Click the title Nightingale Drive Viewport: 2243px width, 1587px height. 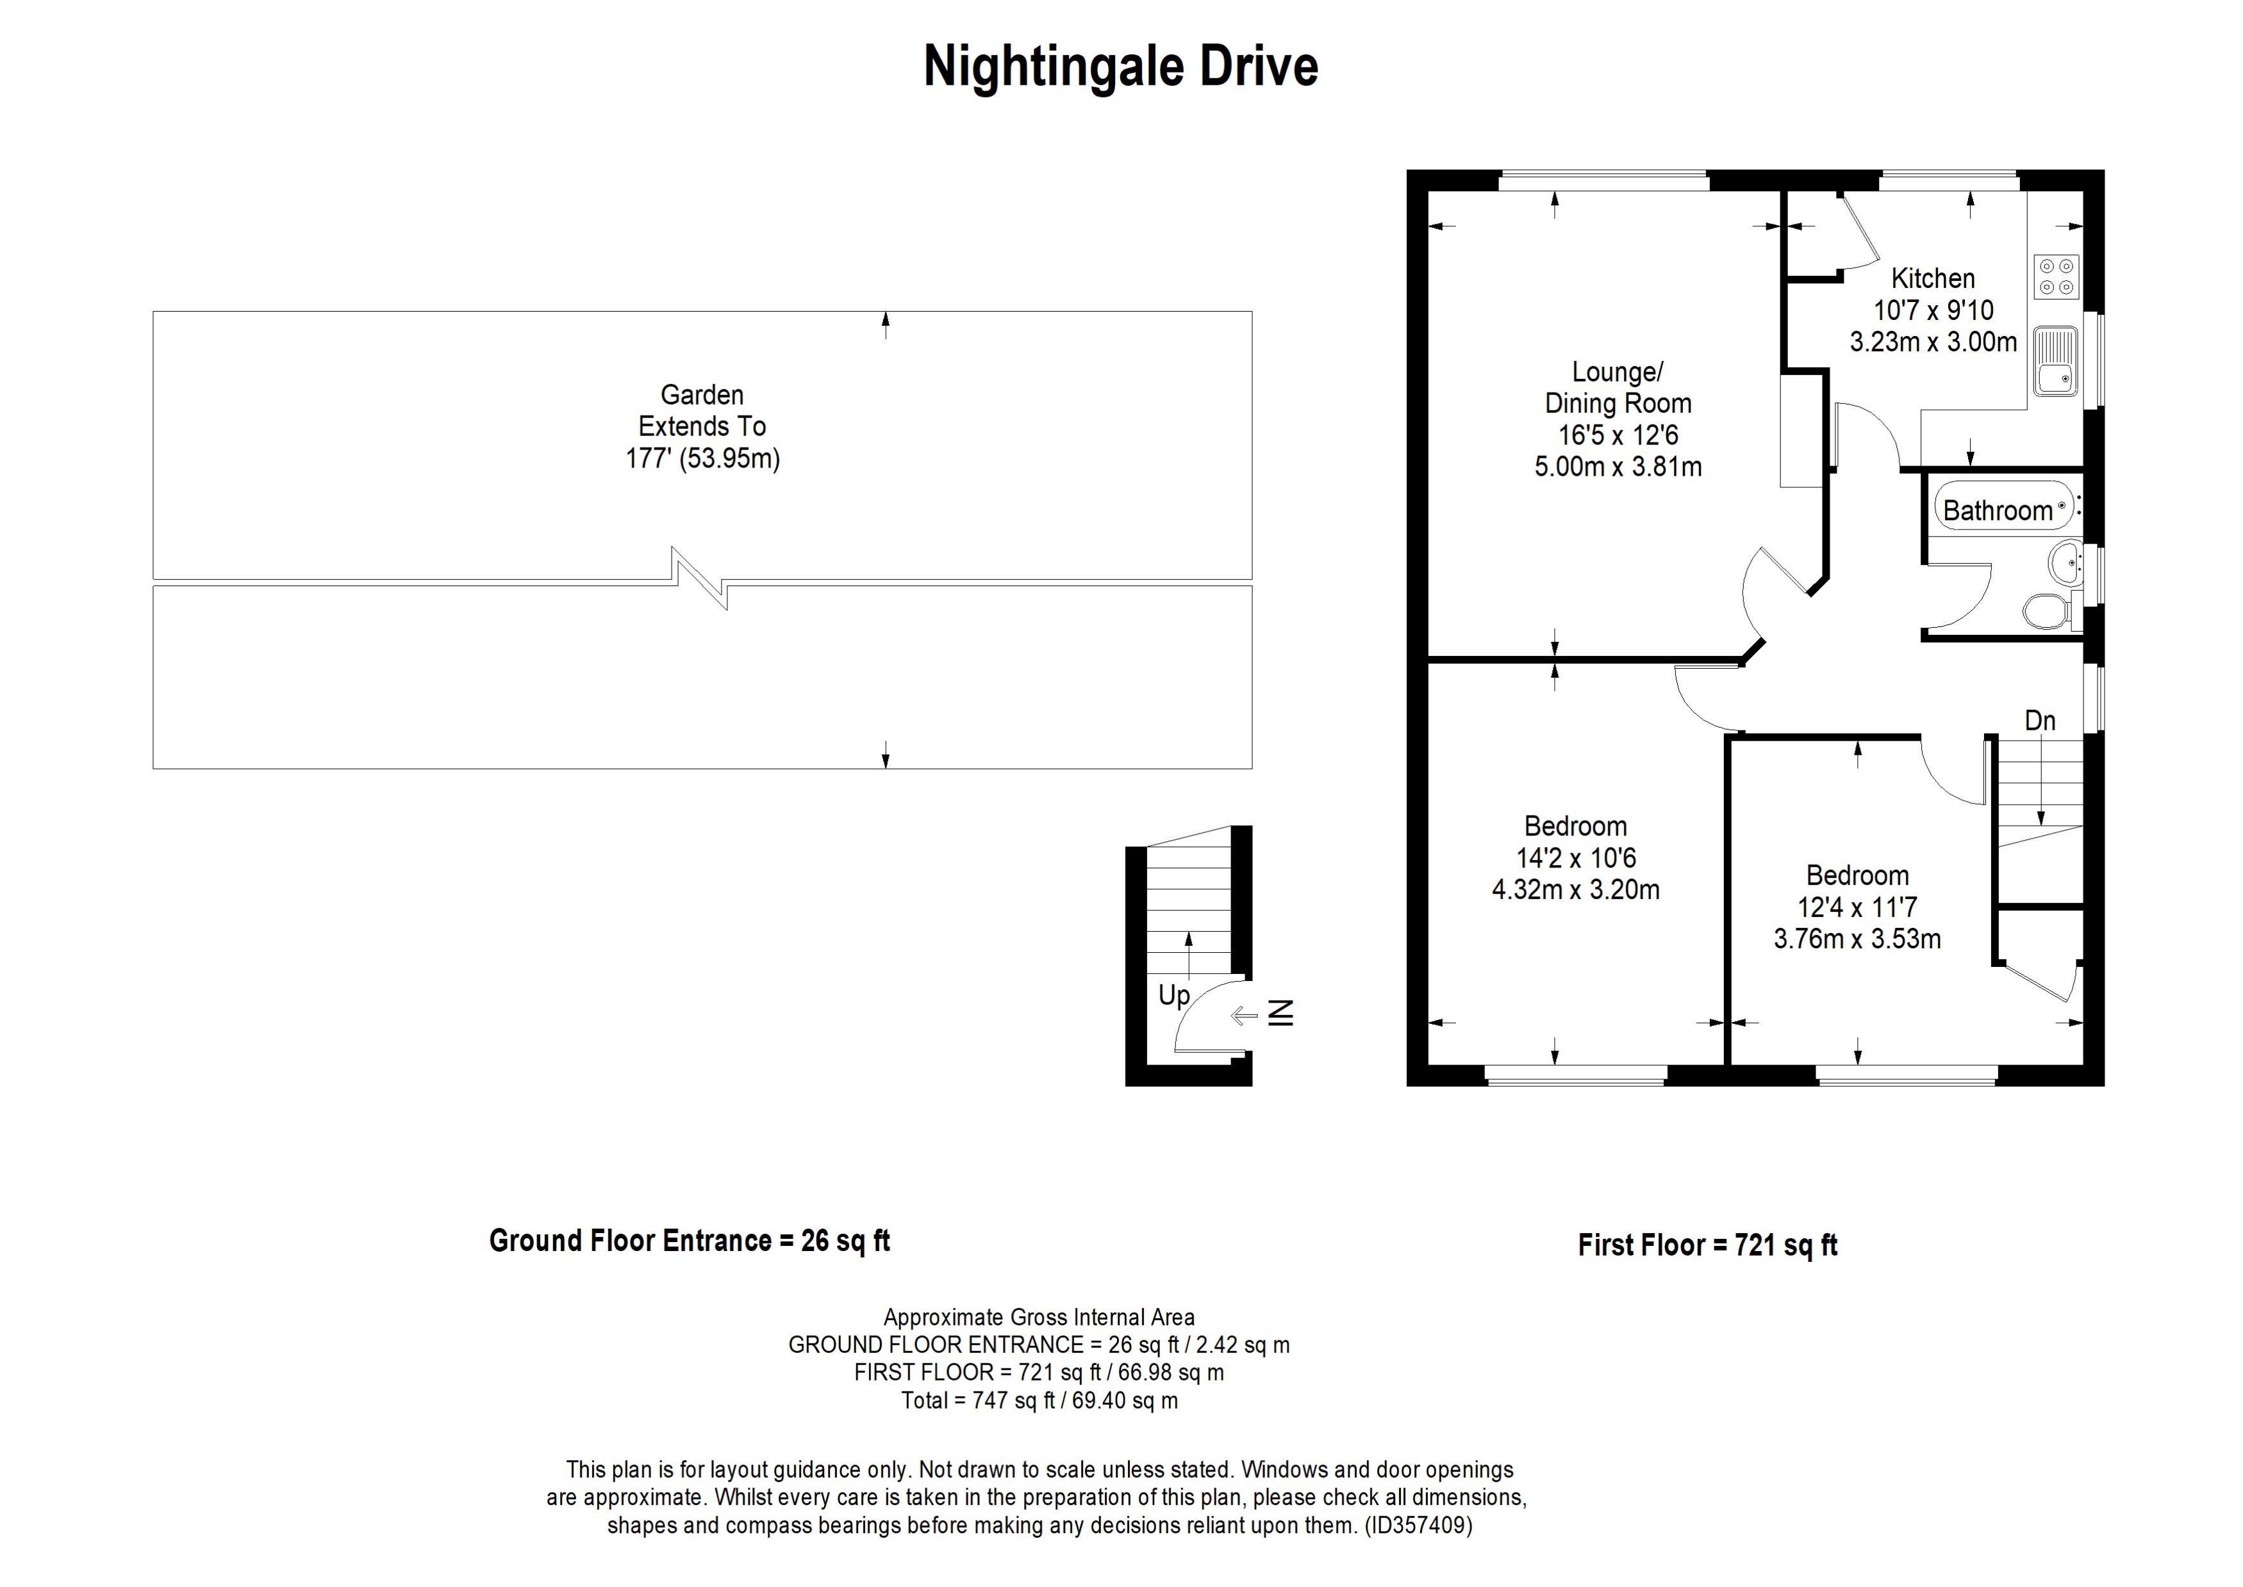pyautogui.click(x=1120, y=67)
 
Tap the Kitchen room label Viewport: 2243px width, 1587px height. pyautogui.click(x=1932, y=278)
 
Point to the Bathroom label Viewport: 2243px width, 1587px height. pyautogui.click(x=1997, y=511)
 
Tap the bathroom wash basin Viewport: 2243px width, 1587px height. pyautogui.click(x=2064, y=564)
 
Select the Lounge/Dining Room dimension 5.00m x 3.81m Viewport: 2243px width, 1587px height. pyautogui.click(x=1618, y=467)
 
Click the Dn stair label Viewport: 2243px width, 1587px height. pyautogui.click(x=2040, y=721)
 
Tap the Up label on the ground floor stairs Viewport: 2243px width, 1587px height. pyautogui.click(x=1173, y=996)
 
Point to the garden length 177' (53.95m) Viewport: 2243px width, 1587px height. pyautogui.click(x=702, y=458)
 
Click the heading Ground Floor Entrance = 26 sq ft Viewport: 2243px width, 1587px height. pyautogui.click(x=689, y=1241)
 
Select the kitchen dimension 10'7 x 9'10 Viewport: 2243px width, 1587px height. pyautogui.click(x=1932, y=311)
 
